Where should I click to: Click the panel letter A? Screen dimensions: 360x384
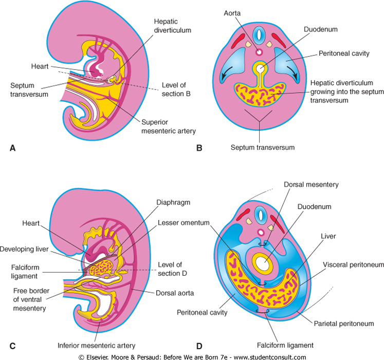pyautogui.click(x=13, y=148)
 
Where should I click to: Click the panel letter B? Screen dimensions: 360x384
pyautogui.click(x=198, y=148)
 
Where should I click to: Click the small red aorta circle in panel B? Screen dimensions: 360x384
pyautogui.click(x=260, y=52)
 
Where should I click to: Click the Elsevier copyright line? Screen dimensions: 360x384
pyautogui.click(x=192, y=356)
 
